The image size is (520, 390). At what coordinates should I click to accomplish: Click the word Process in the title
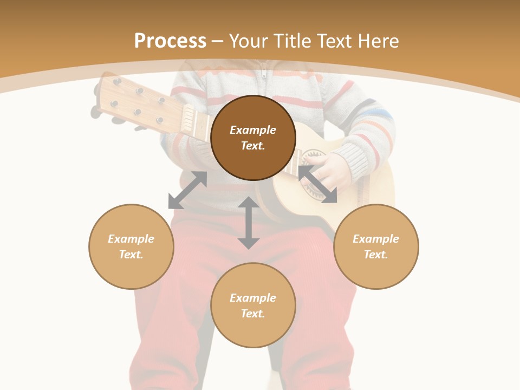(170, 41)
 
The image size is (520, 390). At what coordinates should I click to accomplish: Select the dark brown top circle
(253, 138)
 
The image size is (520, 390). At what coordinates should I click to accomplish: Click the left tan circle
(131, 246)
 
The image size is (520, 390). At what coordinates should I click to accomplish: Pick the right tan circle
(376, 246)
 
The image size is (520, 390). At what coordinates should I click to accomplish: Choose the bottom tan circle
(253, 305)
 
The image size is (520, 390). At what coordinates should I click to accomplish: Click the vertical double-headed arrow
(249, 223)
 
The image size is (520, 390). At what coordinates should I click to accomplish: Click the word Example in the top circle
(253, 130)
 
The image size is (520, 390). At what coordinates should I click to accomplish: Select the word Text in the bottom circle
(253, 314)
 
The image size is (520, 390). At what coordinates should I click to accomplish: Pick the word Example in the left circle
(131, 239)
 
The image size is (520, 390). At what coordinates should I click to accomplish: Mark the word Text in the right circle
(376, 255)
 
